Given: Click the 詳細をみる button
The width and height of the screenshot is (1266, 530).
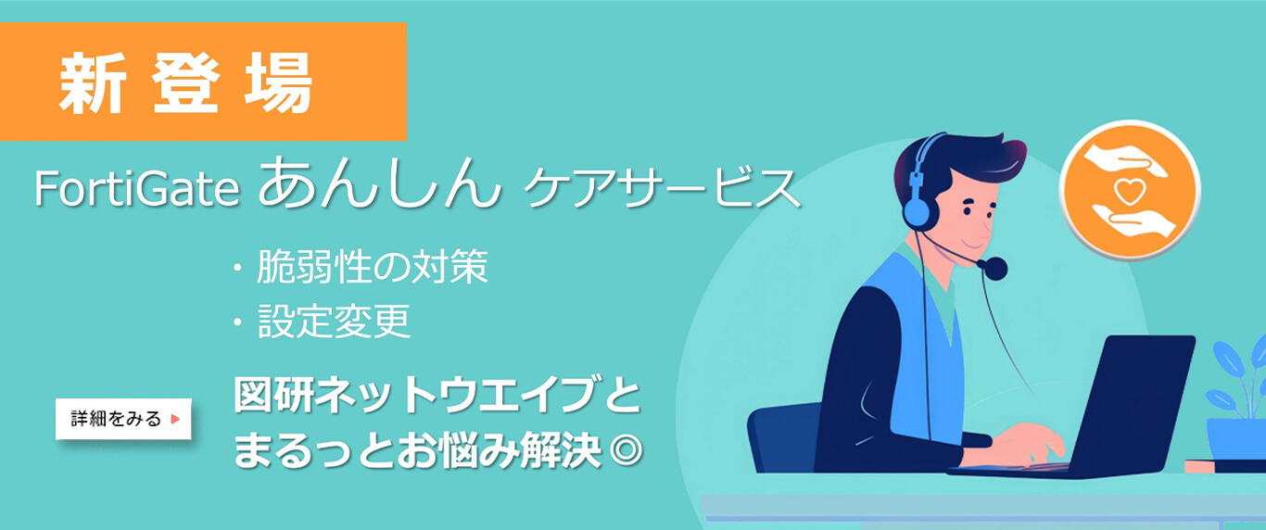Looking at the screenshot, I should [123, 419].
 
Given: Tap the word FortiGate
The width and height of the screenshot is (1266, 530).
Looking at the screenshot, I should [138, 190].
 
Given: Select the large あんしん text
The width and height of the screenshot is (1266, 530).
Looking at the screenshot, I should [373, 184].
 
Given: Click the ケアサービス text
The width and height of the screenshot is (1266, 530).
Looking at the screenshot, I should [661, 189].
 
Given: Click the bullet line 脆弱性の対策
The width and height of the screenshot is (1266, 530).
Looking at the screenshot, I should [371, 269].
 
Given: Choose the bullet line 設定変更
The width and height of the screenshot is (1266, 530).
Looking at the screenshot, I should [334, 322].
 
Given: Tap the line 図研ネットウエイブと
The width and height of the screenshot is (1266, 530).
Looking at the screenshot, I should [437, 397].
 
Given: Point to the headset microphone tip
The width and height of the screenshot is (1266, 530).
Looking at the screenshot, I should [995, 269].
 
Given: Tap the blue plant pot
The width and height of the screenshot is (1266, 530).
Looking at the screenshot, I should [1235, 440].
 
